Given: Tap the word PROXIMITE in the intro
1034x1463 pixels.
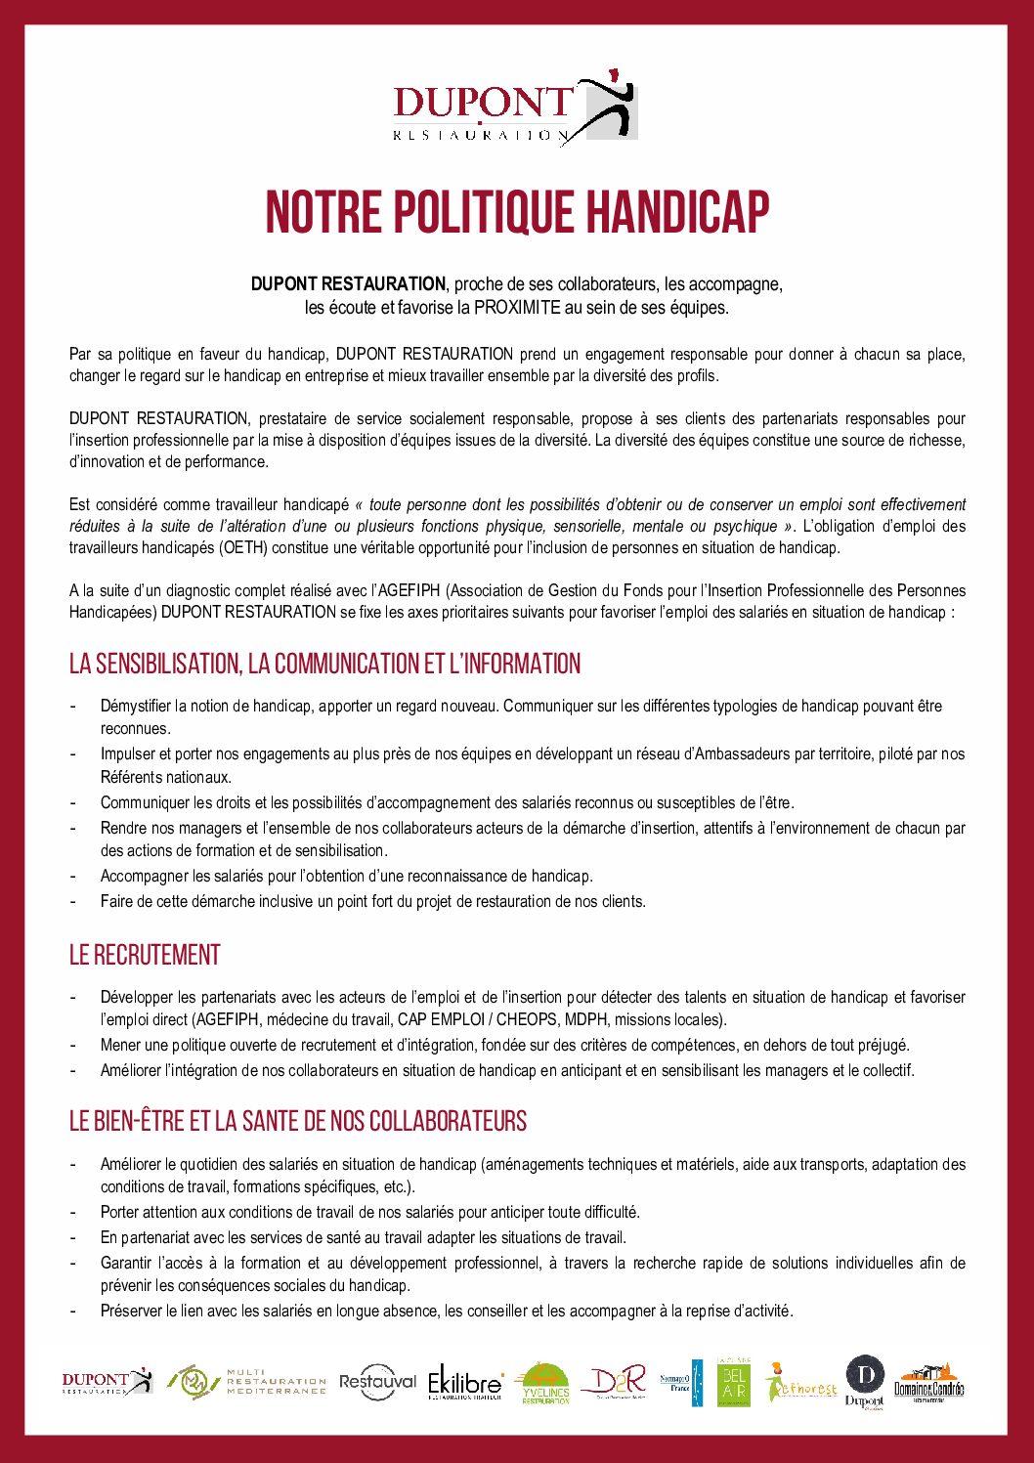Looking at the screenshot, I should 518,308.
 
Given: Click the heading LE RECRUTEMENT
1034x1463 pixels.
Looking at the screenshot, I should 145,955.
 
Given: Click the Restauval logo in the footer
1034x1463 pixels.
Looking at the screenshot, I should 377,1382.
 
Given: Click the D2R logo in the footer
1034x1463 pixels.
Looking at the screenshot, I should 615,1382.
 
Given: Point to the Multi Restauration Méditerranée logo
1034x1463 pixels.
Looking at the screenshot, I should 246,1382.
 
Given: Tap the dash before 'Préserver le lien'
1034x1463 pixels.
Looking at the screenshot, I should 73,1311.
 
